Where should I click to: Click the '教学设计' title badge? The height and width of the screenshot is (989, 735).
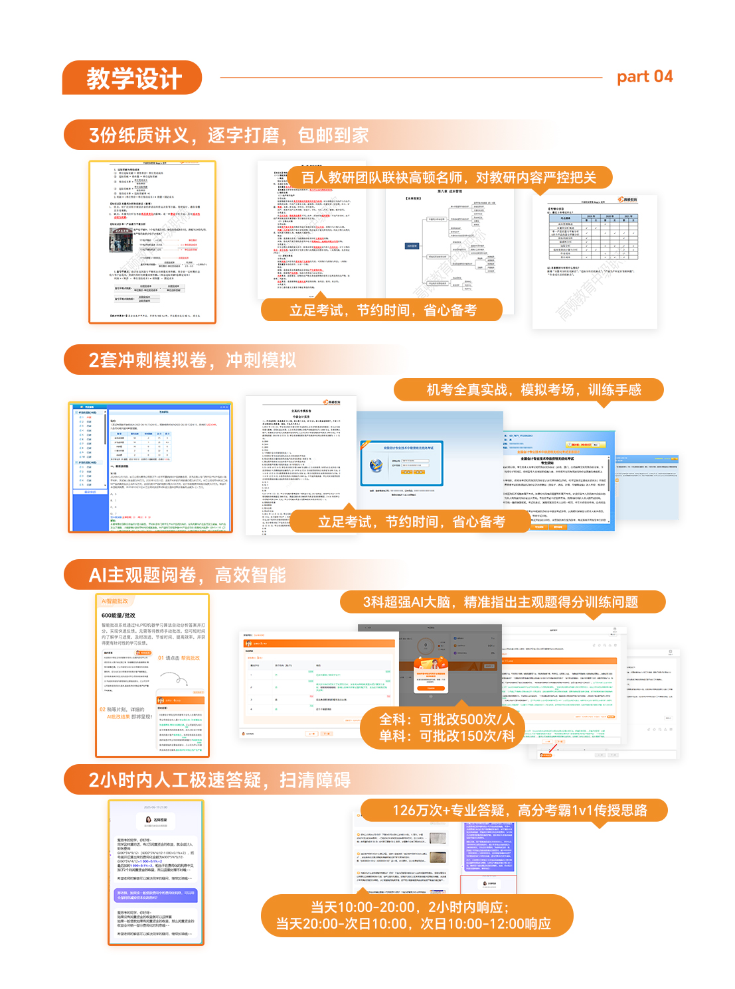pos(133,78)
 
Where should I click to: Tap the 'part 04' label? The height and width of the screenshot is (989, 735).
pos(645,77)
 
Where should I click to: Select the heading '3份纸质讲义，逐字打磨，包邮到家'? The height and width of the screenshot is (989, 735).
pos(228,135)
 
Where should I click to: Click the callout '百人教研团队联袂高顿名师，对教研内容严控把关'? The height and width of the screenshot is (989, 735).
pos(449,178)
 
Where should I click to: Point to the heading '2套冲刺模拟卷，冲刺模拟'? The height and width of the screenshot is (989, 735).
pos(192,360)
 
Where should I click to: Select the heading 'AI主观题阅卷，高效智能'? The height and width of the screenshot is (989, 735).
pos(187,575)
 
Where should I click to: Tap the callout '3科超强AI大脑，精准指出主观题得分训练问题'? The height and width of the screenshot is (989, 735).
pos(501,602)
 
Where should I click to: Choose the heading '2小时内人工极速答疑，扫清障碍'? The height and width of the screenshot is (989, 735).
pos(219,780)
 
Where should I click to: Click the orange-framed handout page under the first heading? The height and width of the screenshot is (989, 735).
pos(153,242)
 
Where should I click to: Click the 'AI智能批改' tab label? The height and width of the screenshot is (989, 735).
pos(114,601)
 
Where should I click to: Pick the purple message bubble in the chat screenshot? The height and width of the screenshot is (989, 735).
pos(156,895)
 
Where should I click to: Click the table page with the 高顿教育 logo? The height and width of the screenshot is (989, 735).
pos(594,261)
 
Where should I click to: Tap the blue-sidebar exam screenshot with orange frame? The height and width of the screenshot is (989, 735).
pos(151,467)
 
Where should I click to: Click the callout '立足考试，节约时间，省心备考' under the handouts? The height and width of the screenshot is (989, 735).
pos(382,310)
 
